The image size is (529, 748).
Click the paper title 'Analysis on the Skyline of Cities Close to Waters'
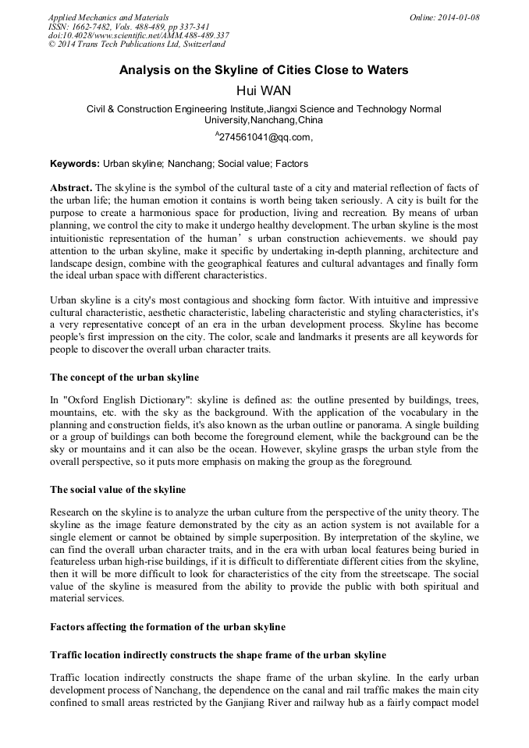coord(264,70)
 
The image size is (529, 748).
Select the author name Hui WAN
coord(264,90)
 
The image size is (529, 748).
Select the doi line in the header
coord(138,36)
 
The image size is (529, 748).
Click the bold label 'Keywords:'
coord(75,165)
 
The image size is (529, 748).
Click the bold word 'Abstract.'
coord(71,189)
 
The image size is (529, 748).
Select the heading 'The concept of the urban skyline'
coord(124,378)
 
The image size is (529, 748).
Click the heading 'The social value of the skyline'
coord(118,490)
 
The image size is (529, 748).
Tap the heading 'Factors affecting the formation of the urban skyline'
coord(168,627)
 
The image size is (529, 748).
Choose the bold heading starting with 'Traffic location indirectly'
coord(218,655)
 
